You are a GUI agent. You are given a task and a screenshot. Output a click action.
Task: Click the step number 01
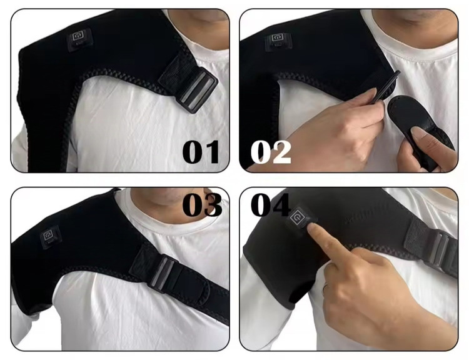tap(201, 152)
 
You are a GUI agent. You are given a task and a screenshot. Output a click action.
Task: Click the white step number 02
tap(270, 152)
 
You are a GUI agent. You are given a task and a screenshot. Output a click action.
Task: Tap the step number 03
tap(202, 205)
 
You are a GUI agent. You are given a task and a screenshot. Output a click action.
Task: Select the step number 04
tap(270, 205)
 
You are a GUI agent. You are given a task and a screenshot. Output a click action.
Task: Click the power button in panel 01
tap(79, 38)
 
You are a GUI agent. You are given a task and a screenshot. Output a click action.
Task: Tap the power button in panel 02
tap(278, 40)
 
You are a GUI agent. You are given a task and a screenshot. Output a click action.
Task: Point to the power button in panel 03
tap(50, 237)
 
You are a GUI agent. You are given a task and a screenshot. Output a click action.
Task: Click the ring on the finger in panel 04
tap(325, 289)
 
